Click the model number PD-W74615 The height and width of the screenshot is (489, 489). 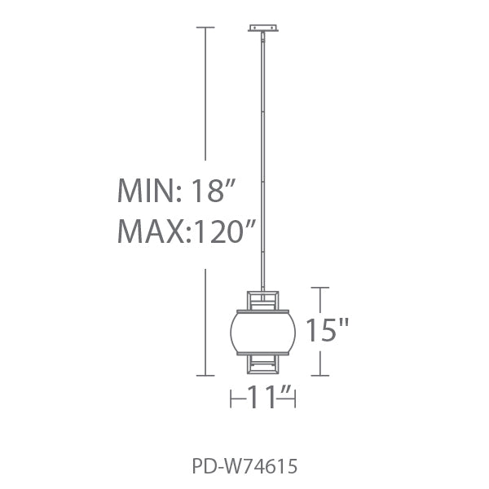(x=244, y=467)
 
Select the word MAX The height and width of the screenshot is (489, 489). (x=152, y=231)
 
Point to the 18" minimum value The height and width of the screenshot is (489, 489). (x=212, y=190)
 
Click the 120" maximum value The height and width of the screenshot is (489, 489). (x=223, y=231)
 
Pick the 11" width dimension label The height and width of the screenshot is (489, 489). (x=269, y=397)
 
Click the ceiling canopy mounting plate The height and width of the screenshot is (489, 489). (x=263, y=28)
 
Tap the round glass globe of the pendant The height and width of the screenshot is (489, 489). (x=263, y=333)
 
